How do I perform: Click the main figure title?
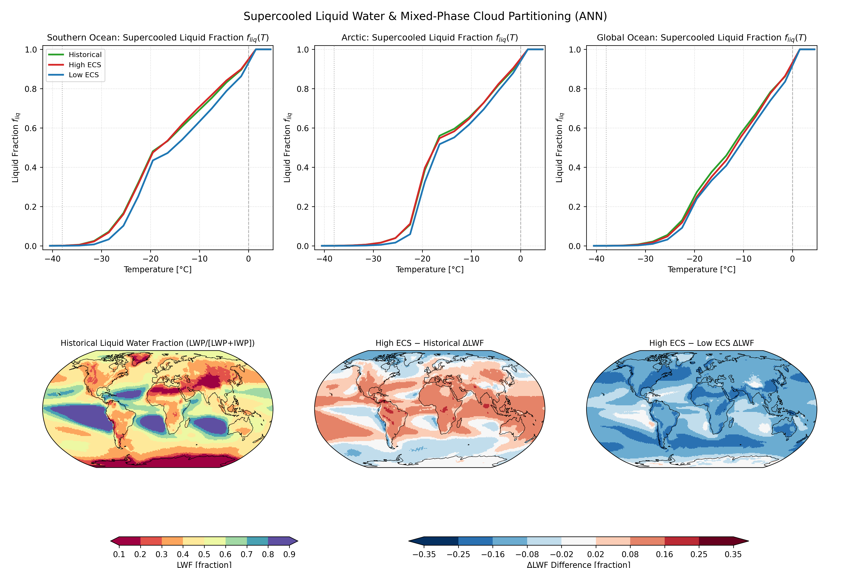[x=425, y=16]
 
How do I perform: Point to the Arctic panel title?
[x=430, y=38]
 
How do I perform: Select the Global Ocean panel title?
[x=702, y=38]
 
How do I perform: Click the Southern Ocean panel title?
[x=158, y=38]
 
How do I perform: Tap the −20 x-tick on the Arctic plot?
[x=422, y=259]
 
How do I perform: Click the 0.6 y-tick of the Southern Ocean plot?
[x=31, y=128]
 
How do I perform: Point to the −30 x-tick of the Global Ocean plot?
[x=645, y=259]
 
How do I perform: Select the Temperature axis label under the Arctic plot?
[x=430, y=269]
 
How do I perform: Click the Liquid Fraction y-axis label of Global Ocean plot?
[x=559, y=147]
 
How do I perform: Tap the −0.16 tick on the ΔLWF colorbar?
[x=492, y=554]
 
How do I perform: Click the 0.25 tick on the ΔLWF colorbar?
[x=699, y=554]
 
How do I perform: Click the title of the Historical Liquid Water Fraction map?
[x=157, y=343]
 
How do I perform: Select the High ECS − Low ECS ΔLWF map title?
[x=702, y=343]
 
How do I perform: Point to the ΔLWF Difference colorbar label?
[x=578, y=564]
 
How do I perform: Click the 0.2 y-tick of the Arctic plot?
[x=303, y=207]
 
